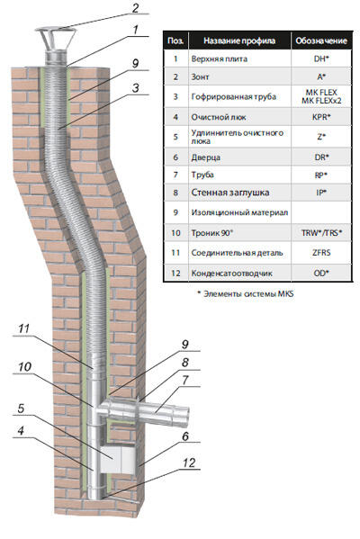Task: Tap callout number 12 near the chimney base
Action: point(189,463)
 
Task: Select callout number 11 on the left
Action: point(23,328)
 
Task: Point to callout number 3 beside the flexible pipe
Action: point(136,88)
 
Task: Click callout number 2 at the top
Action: point(136,8)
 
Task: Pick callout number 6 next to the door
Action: point(185,436)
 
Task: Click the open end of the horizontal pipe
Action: point(185,412)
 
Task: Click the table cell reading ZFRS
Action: point(321,253)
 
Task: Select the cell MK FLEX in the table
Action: point(321,92)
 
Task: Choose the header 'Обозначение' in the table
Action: point(321,40)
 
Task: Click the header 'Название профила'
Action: point(239,40)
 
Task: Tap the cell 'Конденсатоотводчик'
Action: point(231,274)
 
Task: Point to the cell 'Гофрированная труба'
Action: point(234,96)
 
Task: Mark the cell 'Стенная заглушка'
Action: point(230,193)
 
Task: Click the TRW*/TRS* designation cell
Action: point(321,233)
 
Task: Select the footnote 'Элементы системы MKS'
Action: point(246,294)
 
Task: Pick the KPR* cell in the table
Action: point(321,117)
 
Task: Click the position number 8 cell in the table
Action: point(175,193)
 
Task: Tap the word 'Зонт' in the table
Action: point(200,77)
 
